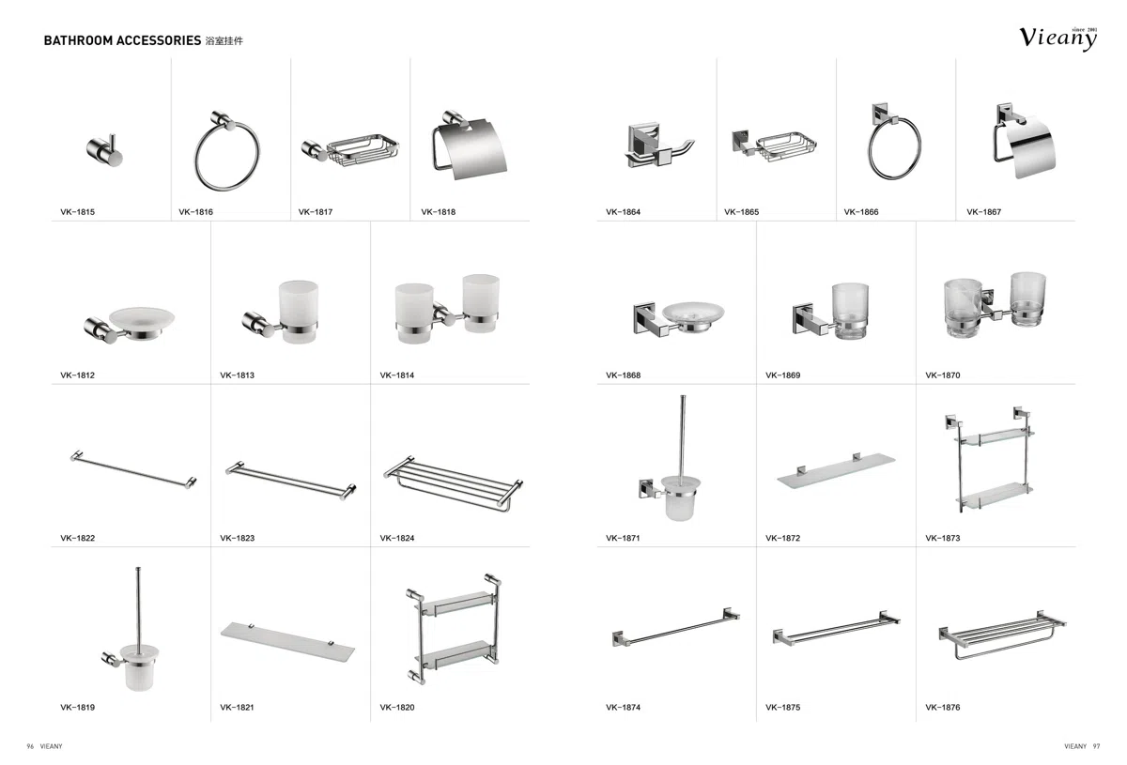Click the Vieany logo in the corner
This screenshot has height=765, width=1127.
tap(1058, 38)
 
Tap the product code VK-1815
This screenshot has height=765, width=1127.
tap(77, 212)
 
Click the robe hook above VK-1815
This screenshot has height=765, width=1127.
tap(104, 150)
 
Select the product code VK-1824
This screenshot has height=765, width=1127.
tap(397, 538)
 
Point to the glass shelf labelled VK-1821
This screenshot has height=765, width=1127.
tap(287, 641)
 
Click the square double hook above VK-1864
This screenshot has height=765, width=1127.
tap(658, 146)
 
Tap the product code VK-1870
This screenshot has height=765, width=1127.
tap(942, 375)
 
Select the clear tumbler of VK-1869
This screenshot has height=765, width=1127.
tap(850, 311)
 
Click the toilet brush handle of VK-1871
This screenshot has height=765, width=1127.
tap(682, 438)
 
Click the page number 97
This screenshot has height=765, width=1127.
tap(1096, 746)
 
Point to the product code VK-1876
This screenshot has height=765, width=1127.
tap(942, 707)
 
